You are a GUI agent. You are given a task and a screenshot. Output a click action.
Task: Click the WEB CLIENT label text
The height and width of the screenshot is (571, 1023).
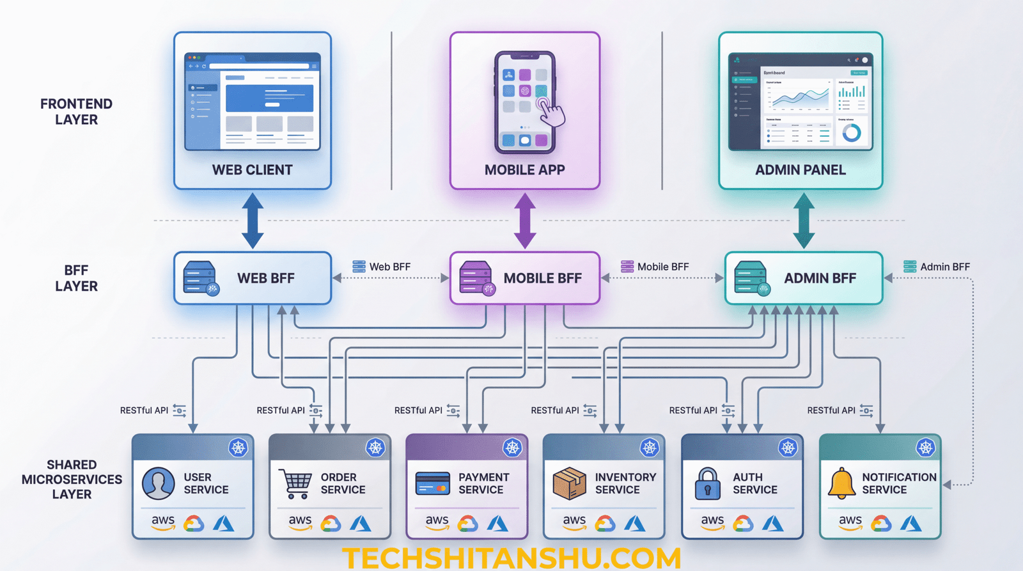click(252, 170)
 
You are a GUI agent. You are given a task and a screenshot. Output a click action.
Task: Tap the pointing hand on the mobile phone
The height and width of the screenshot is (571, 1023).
click(551, 113)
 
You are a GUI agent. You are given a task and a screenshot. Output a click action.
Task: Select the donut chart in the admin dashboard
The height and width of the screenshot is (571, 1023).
click(851, 133)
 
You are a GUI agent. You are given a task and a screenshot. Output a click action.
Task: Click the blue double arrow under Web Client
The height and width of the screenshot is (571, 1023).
click(253, 221)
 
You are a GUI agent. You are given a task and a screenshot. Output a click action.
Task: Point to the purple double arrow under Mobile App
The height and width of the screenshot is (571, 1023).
click(525, 221)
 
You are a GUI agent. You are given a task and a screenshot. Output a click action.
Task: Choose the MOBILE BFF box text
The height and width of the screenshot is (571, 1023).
click(542, 279)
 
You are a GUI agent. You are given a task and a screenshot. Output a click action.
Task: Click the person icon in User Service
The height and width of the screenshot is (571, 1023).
click(158, 483)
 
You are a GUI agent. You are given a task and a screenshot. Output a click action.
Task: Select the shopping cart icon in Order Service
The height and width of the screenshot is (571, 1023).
click(295, 484)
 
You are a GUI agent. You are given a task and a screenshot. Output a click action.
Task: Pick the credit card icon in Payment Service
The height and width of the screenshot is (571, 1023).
click(433, 484)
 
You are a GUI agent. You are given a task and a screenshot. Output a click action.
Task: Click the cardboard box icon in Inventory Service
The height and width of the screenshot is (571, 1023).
click(569, 483)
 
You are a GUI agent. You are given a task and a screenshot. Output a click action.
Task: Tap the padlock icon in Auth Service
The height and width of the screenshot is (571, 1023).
click(707, 483)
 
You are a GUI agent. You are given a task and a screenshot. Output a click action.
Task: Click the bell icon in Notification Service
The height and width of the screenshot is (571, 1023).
click(841, 483)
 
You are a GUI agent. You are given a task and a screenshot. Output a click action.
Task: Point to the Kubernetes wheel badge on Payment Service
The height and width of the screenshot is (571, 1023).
click(512, 448)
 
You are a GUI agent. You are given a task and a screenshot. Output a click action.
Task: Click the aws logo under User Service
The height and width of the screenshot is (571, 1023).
click(163, 522)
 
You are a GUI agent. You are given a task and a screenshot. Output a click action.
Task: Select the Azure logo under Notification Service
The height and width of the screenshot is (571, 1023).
click(910, 524)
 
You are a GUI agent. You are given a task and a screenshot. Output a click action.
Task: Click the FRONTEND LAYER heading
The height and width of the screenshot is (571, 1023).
click(76, 112)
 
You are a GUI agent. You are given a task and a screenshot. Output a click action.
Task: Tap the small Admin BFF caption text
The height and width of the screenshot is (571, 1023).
click(944, 267)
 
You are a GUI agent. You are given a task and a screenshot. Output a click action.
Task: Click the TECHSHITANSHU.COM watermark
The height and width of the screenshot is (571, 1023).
click(511, 558)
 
